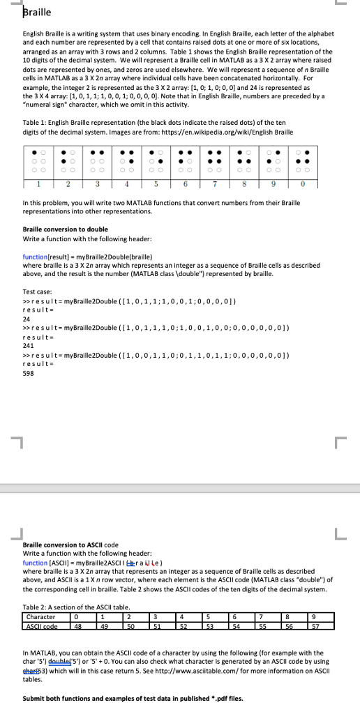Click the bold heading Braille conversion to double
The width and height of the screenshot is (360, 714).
click(66, 229)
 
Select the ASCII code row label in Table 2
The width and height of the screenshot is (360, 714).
click(43, 625)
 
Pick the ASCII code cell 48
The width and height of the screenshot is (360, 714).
click(78, 625)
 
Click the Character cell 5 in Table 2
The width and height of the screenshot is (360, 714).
click(208, 616)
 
